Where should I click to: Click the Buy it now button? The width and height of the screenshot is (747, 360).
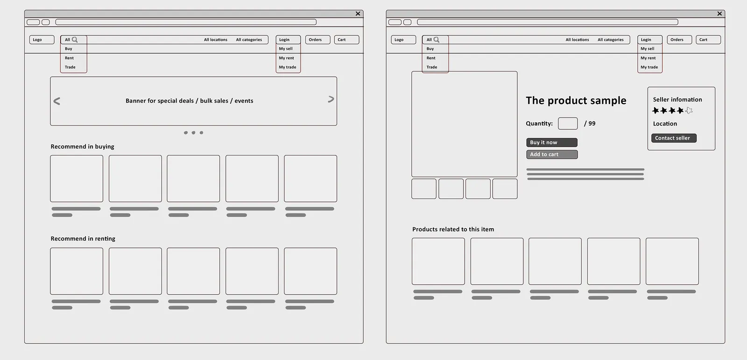click(x=551, y=142)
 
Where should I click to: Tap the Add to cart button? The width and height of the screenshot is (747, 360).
click(x=551, y=155)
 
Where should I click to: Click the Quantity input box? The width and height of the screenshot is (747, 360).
click(x=568, y=123)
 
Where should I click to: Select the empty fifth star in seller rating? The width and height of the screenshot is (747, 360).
click(x=689, y=111)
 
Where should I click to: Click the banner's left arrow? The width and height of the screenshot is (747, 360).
click(x=56, y=101)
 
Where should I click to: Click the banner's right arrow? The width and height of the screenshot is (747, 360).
click(x=331, y=99)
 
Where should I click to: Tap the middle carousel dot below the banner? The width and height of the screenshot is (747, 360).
click(x=193, y=133)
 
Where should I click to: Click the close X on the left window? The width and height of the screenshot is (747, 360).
click(x=358, y=14)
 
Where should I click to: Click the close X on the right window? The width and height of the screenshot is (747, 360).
click(x=719, y=14)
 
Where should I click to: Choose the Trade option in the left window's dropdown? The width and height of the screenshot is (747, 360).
click(x=70, y=67)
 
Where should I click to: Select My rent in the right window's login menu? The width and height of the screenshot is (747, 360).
click(x=648, y=58)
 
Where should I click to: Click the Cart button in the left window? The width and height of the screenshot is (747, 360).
click(x=346, y=40)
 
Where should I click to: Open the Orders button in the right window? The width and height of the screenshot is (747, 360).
click(x=679, y=40)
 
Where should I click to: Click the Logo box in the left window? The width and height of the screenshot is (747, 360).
click(x=42, y=40)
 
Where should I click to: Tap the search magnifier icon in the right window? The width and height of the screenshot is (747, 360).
click(x=437, y=40)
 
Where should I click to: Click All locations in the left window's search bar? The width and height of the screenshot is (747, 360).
click(x=215, y=40)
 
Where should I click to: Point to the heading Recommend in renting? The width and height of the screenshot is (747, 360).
click(x=83, y=239)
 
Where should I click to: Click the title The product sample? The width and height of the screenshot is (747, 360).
click(x=576, y=100)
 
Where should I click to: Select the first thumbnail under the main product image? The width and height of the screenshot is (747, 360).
click(x=424, y=189)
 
